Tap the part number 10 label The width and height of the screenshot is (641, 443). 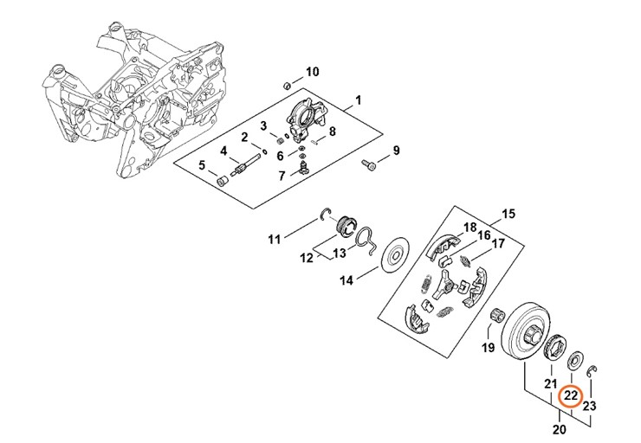[x=312, y=71]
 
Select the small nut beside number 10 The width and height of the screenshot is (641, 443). [x=286, y=85]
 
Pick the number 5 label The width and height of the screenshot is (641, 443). [x=201, y=165]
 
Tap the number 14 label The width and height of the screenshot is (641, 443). [x=346, y=280]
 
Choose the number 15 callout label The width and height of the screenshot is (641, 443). [x=508, y=214]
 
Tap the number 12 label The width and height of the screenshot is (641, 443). [x=306, y=258]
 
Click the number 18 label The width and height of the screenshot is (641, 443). [x=469, y=228]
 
